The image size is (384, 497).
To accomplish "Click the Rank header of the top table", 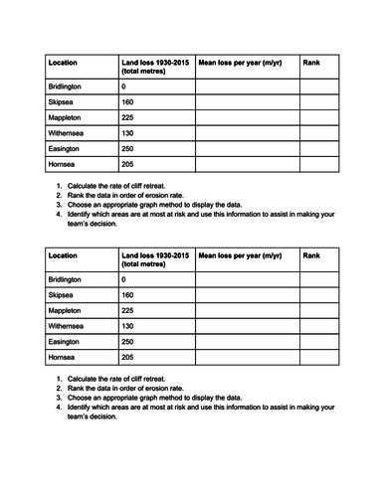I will click(x=310, y=62).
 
